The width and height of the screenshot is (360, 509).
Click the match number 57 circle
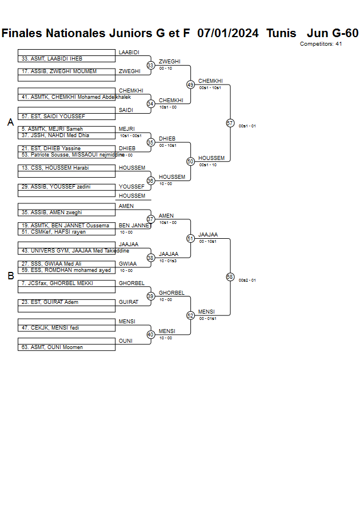230,123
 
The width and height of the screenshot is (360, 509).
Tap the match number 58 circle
230,277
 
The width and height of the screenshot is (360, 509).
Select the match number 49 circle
190,85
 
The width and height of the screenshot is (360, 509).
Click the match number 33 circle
150,66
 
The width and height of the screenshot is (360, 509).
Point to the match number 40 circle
150,335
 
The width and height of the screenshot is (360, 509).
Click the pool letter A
10,122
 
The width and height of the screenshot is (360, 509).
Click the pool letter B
10,276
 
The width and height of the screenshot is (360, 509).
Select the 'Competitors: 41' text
321,44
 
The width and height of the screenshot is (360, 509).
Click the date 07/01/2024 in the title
228,33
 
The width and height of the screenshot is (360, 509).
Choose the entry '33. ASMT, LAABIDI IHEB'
52,59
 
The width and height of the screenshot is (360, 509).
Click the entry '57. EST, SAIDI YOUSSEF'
53,117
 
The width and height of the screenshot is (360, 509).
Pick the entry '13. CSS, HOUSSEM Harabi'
55,168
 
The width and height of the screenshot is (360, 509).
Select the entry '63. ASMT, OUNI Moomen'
52,347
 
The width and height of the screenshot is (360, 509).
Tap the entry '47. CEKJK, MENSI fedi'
51,328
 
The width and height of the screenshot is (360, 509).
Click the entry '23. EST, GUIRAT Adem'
50,302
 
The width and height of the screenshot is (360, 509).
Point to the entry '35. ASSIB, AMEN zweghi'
52,213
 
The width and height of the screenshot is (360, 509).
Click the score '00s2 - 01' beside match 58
247,280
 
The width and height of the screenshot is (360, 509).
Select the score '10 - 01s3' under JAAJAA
168,260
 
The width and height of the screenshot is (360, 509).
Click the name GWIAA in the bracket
127,264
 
